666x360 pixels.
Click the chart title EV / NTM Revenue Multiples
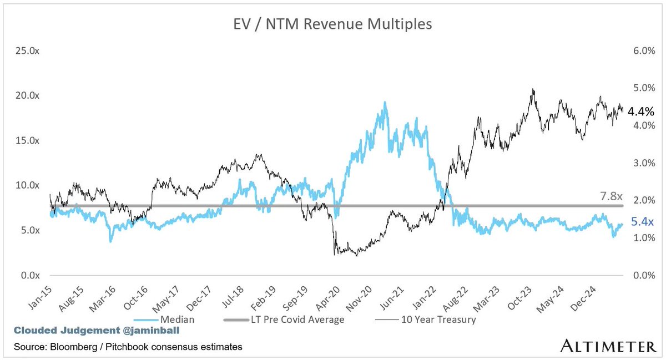333,25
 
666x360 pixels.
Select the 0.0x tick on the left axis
30,275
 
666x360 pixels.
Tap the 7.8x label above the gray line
612,196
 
